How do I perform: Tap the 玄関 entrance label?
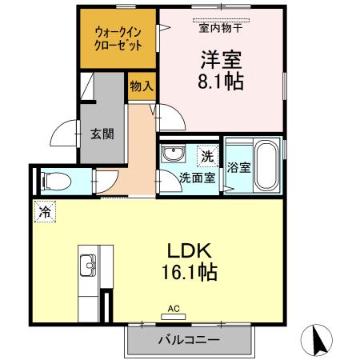[x=102, y=134]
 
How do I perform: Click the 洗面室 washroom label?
[x=196, y=178]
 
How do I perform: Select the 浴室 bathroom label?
[x=238, y=168]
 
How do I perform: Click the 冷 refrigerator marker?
[x=45, y=214]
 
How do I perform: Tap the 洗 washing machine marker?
[x=206, y=156]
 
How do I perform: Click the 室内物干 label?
[x=220, y=26]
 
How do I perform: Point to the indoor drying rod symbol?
[x=220, y=17]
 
